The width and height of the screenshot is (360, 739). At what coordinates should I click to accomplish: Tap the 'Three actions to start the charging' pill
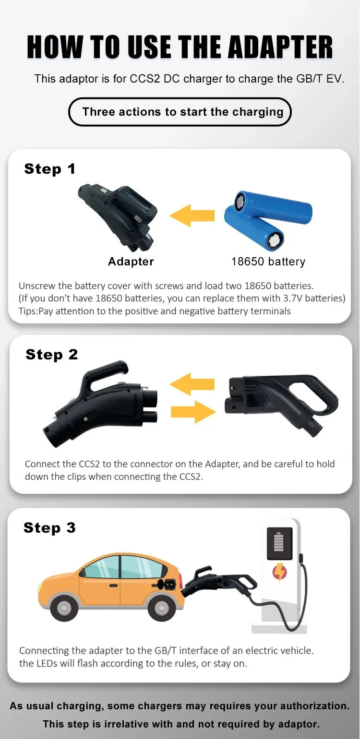[x=180, y=112]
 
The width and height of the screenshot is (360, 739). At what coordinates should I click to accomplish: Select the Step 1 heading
[x=50, y=169]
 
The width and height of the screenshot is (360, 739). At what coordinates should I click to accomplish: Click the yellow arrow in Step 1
[x=192, y=215]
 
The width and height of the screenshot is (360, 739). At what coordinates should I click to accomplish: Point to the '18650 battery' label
[x=268, y=262]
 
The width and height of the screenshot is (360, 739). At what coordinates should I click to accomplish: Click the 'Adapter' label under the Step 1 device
[x=131, y=261]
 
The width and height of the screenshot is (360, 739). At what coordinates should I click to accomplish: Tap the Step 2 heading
[x=52, y=355]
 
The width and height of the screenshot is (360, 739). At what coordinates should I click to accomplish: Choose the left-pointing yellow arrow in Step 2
[x=192, y=384]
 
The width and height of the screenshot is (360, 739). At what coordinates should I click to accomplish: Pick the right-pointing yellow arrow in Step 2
[x=193, y=412]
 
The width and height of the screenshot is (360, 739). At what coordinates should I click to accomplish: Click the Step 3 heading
[x=49, y=527]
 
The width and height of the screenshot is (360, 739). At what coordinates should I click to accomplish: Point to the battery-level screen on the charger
[x=279, y=543]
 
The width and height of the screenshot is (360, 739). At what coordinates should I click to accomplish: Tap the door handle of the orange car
[x=113, y=585]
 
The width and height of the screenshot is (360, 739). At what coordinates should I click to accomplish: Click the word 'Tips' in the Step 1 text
[x=27, y=311]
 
